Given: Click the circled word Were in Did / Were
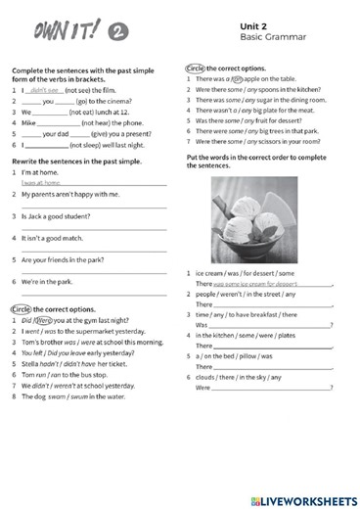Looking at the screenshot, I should click(45, 319).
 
